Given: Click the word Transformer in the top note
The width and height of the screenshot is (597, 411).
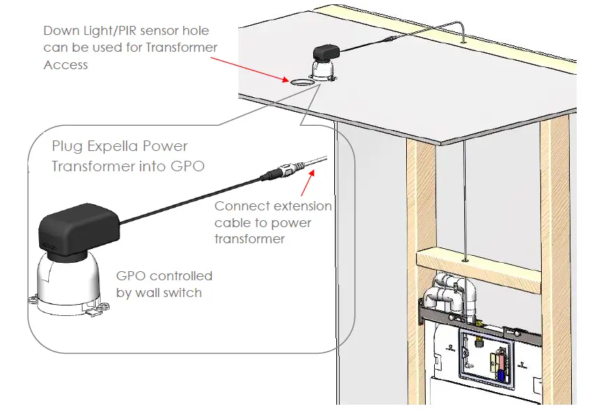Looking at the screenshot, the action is point(181,48).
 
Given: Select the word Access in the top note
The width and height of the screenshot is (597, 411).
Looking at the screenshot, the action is point(66,65).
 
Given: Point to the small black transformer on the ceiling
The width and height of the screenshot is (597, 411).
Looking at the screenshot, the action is point(326,52).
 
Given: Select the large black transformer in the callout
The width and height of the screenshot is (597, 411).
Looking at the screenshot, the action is point(78,229).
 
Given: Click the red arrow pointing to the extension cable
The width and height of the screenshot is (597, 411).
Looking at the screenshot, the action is point(308,182).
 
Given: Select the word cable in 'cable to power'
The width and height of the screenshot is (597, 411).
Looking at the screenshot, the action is point(229,222).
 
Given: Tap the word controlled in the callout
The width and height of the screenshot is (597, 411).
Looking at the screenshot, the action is point(181,276).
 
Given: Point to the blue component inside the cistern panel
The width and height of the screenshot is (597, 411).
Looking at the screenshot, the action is point(502,376).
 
